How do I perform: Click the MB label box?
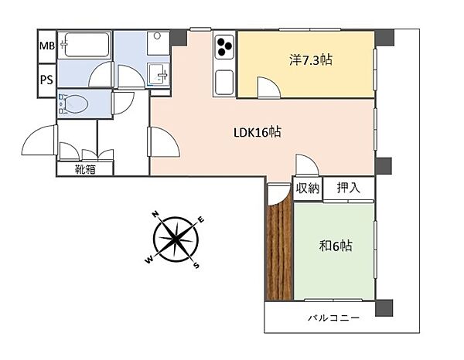coord(46,47)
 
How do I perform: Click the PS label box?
coord(46,80)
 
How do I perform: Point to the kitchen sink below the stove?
coord(224,80)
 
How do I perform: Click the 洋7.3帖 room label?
coord(312,59)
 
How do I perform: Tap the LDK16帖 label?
coord(257,132)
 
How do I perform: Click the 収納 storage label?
coord(305,188)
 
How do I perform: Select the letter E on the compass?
coord(201,220)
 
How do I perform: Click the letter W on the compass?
coord(148,261)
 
